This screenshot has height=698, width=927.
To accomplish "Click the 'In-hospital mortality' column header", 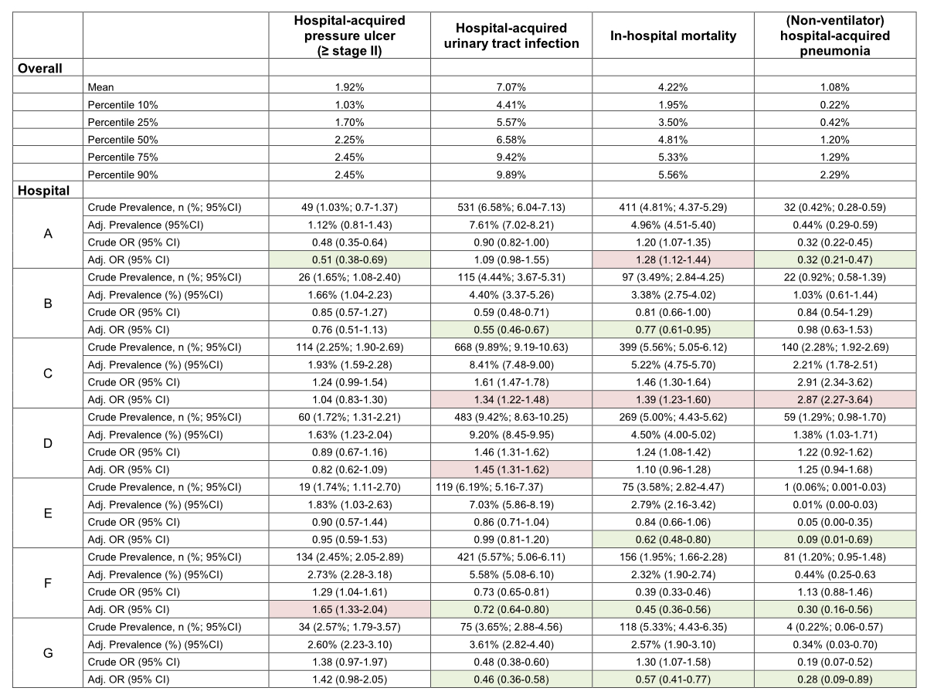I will pos(672,36).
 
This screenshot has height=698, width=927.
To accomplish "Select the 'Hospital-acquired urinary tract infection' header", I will pos(511,36).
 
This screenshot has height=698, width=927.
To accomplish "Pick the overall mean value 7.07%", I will pos(511,87).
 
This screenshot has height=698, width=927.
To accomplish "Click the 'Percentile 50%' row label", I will pos(123,140).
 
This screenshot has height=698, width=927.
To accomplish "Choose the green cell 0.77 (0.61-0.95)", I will pos(672,330).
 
